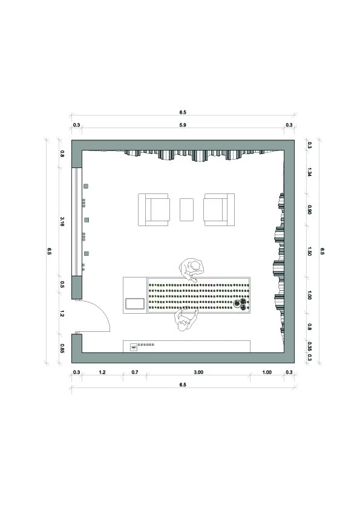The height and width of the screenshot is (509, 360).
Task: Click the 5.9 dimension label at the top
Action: [183, 125]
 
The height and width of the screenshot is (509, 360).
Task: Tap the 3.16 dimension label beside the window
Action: [62, 222]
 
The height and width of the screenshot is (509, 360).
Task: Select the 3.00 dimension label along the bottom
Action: [198, 372]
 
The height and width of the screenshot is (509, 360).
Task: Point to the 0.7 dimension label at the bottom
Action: [135, 372]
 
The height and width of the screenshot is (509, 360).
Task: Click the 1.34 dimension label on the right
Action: [309, 172]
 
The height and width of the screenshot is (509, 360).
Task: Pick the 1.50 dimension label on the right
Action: [309, 251]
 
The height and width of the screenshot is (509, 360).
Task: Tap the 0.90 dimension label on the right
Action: [309, 209]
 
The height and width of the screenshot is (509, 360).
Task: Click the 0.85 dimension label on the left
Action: [62, 348]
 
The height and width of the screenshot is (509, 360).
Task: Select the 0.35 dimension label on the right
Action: [309, 347]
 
